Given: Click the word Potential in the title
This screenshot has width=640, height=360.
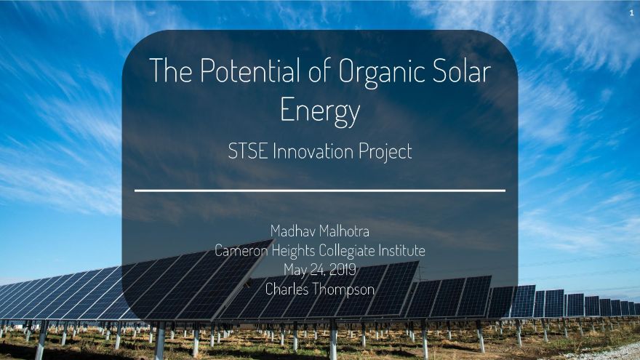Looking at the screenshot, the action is (250, 71).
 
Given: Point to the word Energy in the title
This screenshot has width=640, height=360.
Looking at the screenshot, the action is (320, 111).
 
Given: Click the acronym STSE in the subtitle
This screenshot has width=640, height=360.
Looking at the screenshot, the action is (248, 151).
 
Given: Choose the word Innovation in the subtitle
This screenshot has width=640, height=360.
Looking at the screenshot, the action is (313, 151).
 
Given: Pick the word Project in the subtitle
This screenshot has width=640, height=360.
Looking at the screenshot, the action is (385, 153).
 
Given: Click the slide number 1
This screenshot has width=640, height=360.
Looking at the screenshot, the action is (631, 13).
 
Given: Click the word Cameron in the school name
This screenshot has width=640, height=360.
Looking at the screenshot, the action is (241, 250).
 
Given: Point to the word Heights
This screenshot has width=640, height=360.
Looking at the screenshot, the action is (294, 251).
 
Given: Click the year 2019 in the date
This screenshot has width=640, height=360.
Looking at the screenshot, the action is (343, 269).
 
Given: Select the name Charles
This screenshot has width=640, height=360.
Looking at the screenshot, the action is (287, 289).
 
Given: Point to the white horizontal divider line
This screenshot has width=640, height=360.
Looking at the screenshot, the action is (320, 191).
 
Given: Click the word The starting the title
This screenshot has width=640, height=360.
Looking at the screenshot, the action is (171, 71).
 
